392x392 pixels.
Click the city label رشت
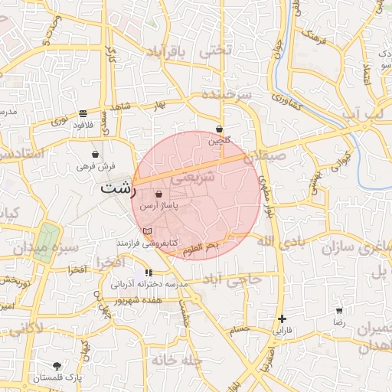[x=116, y=188]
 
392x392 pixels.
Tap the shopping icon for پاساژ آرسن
[x=158, y=196]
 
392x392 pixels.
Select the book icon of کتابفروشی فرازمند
[x=148, y=230]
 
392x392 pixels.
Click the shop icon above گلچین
[x=220, y=129]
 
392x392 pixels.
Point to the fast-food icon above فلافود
[x=82, y=113]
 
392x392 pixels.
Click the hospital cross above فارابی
[x=283, y=318]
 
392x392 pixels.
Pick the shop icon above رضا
[x=339, y=311]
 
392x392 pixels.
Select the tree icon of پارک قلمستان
[x=57, y=366]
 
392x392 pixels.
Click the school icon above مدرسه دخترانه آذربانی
[x=149, y=273]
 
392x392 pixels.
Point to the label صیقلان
[x=284, y=155]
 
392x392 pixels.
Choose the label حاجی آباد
[x=237, y=280]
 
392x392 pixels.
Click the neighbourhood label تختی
[x=214, y=51]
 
